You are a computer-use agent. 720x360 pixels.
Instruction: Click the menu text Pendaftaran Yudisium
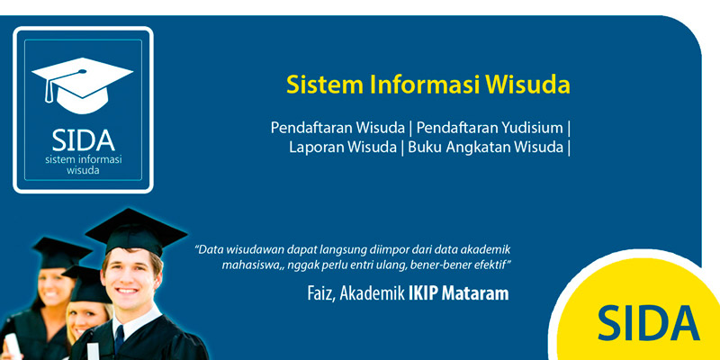pyautogui.click(x=490, y=128)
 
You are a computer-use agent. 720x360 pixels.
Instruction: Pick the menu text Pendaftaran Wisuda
pyautogui.click(x=337, y=128)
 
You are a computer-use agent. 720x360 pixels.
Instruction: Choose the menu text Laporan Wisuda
pyautogui.click(x=343, y=148)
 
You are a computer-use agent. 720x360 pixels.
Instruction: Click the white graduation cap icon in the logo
pyautogui.click(x=82, y=85)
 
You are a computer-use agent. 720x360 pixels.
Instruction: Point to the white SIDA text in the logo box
pyautogui.click(x=83, y=140)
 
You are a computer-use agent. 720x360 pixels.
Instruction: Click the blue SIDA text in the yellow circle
pyautogui.click(x=648, y=324)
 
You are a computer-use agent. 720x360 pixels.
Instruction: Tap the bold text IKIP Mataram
pyautogui.click(x=458, y=294)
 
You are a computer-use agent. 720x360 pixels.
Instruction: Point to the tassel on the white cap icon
pyautogui.click(x=49, y=92)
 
